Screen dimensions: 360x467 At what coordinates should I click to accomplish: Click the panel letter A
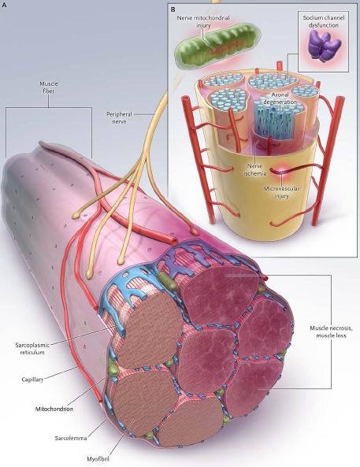4,5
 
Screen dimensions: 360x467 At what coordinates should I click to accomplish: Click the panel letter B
173,9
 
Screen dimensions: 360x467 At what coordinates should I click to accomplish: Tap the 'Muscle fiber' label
49,87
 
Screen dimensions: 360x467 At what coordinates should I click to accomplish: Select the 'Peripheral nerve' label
119,117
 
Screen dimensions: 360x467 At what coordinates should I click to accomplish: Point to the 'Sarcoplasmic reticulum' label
32,348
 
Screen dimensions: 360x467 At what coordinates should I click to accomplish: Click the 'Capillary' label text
32,380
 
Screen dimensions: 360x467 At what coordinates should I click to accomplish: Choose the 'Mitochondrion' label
54,409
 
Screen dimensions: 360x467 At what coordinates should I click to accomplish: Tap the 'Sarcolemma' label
71,438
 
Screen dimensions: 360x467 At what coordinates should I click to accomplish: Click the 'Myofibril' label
98,458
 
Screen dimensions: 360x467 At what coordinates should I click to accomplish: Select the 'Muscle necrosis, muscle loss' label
331,332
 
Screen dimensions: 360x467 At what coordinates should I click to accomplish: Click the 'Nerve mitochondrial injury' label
203,21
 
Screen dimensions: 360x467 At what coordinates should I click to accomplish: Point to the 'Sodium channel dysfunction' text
324,21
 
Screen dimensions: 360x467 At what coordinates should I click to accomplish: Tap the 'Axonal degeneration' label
280,98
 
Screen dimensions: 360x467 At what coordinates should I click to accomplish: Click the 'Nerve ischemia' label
254,169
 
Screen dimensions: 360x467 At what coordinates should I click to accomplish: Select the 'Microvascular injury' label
282,192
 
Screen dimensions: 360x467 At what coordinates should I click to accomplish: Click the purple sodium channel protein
324,46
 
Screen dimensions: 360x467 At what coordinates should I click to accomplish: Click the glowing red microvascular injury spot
280,172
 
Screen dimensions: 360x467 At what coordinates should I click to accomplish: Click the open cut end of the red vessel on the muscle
173,239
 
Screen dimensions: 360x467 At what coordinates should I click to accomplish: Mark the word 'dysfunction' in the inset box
324,25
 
